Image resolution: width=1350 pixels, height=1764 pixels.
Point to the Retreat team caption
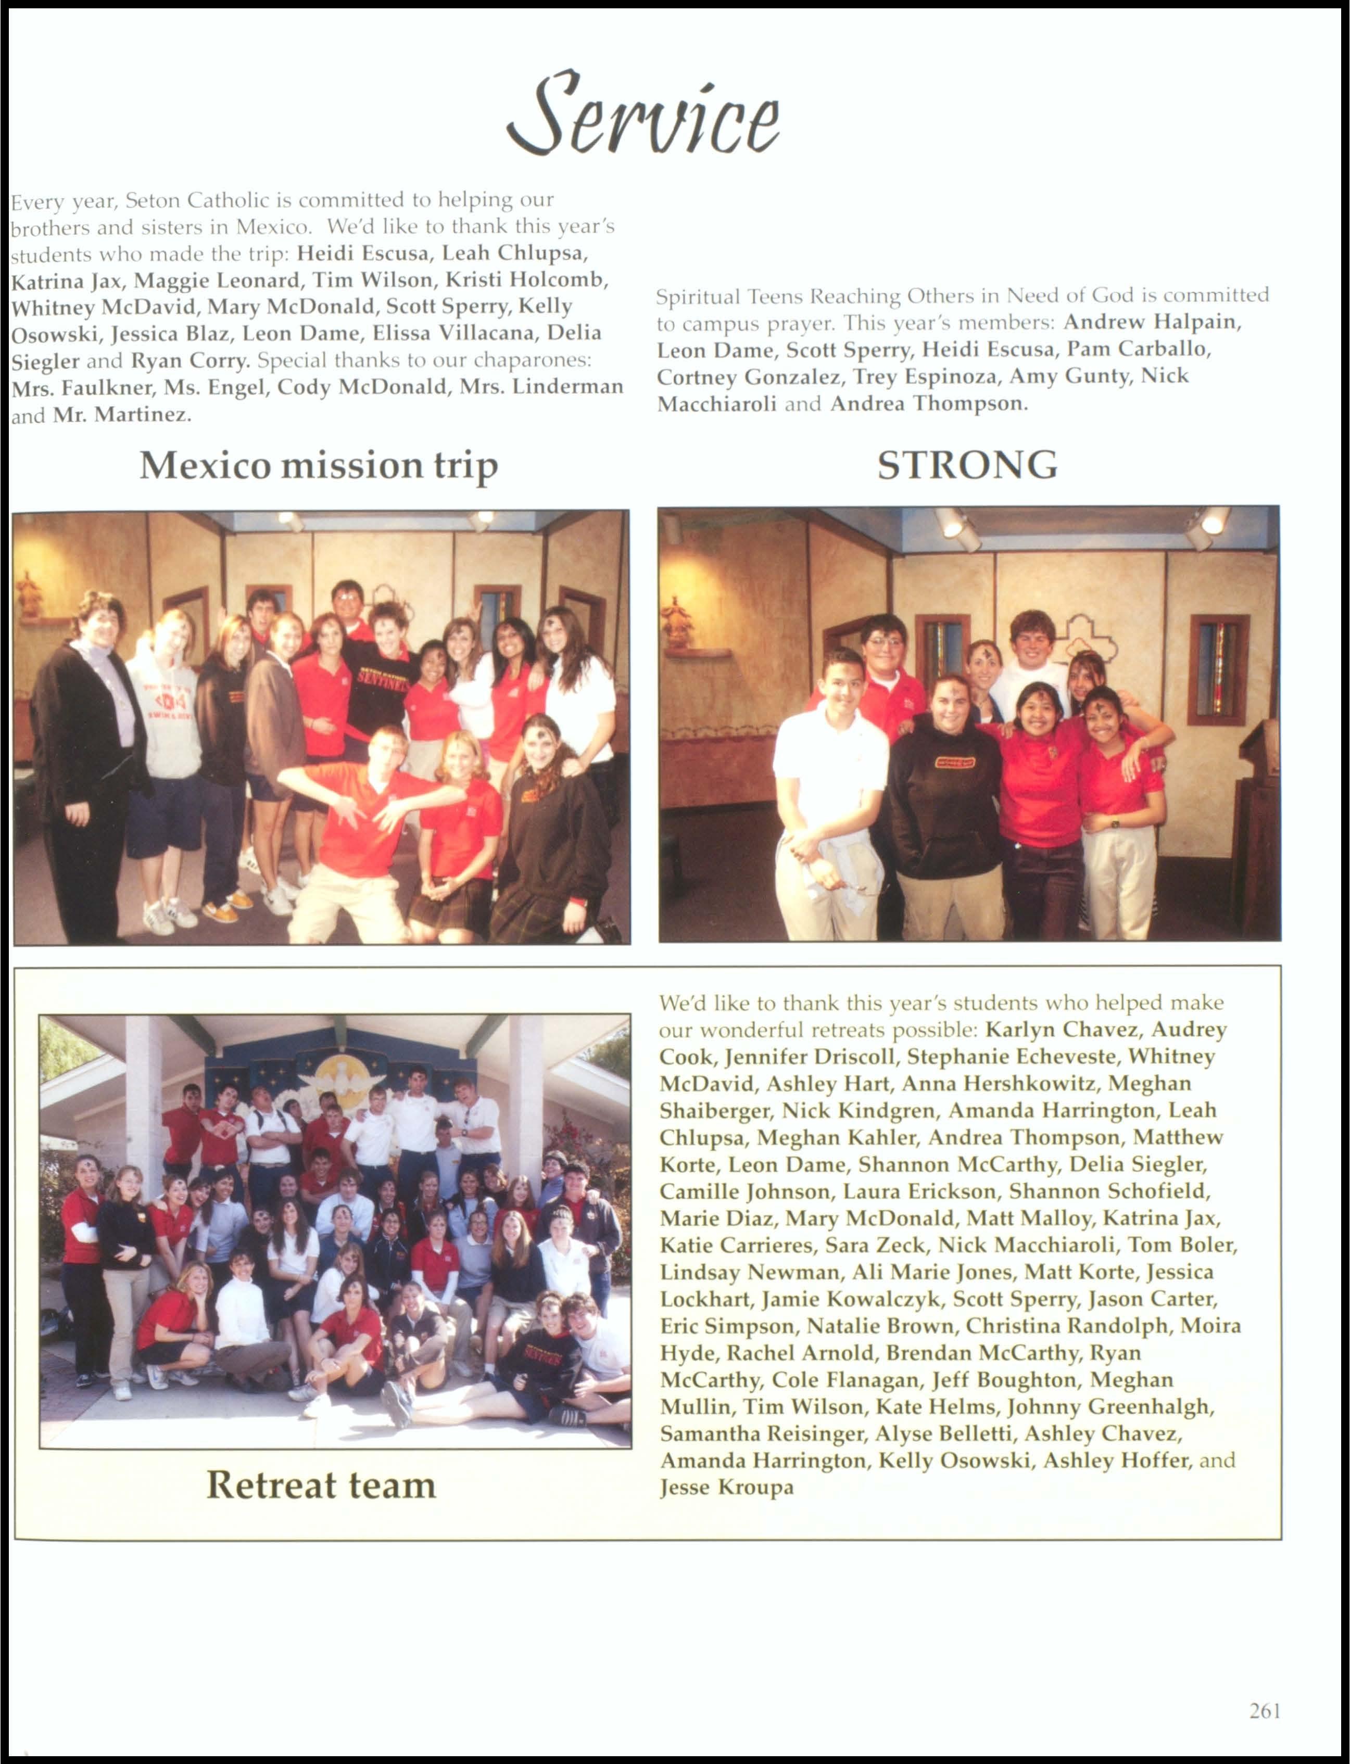[x=321, y=1484]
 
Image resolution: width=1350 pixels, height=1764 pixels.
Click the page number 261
[x=1264, y=1710]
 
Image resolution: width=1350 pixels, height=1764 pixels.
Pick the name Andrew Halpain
[x=1152, y=322]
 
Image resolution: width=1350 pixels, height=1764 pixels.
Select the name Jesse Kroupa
[x=726, y=1487]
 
